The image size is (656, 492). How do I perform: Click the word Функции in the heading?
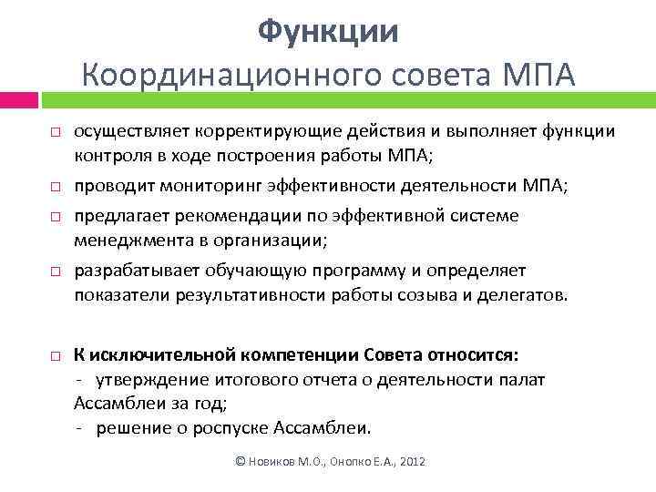pos(328,32)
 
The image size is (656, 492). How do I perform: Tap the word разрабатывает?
pos(129,271)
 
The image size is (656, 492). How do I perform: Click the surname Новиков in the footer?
pos(273,462)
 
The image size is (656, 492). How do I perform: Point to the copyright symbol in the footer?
pos(241,462)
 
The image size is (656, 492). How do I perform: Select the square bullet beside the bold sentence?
pos(55,354)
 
